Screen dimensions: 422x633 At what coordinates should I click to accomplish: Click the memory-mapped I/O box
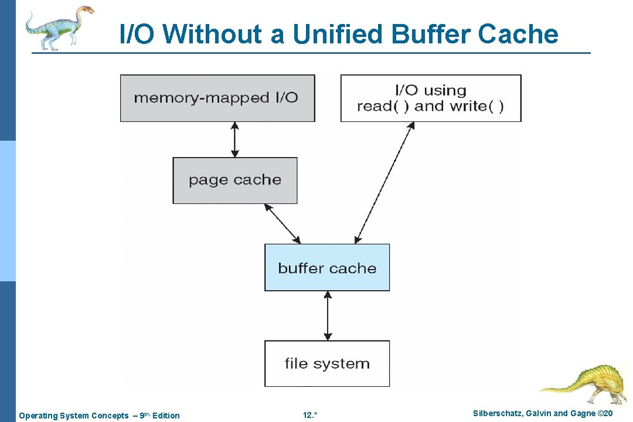(217, 98)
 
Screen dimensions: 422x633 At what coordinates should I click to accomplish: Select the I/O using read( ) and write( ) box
(430, 98)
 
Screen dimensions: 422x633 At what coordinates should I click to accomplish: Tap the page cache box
(234, 180)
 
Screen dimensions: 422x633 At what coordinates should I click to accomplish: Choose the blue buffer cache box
(326, 268)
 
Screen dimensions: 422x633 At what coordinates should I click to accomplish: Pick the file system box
(326, 363)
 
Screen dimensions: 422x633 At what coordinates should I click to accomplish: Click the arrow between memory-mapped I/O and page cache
(234, 139)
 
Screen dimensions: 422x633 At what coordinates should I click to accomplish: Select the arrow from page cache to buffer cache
(283, 223)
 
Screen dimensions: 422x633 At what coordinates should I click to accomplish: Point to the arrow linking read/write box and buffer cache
(384, 182)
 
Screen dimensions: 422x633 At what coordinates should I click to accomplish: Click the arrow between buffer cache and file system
(327, 315)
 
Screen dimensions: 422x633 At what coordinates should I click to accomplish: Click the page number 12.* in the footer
(310, 416)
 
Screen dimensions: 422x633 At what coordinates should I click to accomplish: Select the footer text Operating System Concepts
(73, 416)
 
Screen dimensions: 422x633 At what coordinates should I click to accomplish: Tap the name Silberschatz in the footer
(499, 414)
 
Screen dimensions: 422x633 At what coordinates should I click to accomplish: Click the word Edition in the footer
(166, 416)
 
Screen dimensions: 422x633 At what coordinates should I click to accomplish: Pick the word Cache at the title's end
(518, 34)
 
